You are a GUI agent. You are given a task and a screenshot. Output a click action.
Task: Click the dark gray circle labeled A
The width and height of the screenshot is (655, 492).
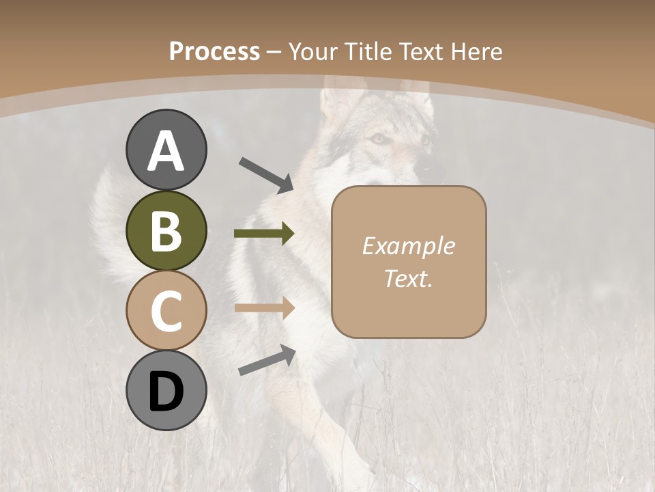pyautogui.click(x=166, y=150)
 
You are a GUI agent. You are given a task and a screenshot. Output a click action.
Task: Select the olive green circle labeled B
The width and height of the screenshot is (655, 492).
pyautogui.click(x=166, y=231)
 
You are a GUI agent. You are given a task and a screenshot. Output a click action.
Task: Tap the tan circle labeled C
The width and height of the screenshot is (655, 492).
pyautogui.click(x=166, y=311)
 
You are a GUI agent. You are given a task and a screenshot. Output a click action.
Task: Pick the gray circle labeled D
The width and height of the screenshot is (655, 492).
pyautogui.click(x=166, y=391)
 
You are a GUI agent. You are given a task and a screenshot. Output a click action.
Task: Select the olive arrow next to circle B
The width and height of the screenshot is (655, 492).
pyautogui.click(x=264, y=234)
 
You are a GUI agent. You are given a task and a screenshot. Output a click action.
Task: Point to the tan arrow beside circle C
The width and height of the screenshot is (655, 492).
pyautogui.click(x=264, y=307)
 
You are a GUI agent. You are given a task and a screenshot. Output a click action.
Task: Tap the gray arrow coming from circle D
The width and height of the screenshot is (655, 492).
pyautogui.click(x=267, y=359)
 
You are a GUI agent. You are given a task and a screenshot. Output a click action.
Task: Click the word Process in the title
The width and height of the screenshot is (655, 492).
pyautogui.click(x=214, y=52)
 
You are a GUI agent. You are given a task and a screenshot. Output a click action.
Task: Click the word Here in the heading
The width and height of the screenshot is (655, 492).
pyautogui.click(x=478, y=52)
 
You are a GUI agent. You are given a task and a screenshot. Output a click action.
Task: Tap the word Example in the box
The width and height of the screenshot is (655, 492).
pyautogui.click(x=408, y=246)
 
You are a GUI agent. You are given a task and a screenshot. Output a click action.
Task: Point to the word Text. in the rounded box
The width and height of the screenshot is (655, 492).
pyautogui.click(x=408, y=279)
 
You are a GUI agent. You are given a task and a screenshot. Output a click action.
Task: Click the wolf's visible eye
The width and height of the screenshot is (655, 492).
pyautogui.click(x=377, y=139)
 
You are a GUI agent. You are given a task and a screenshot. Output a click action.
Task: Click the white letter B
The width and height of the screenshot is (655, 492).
pyautogui.click(x=166, y=231)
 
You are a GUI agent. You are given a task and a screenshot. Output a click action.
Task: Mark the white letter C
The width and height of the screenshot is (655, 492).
pyautogui.click(x=166, y=311)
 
